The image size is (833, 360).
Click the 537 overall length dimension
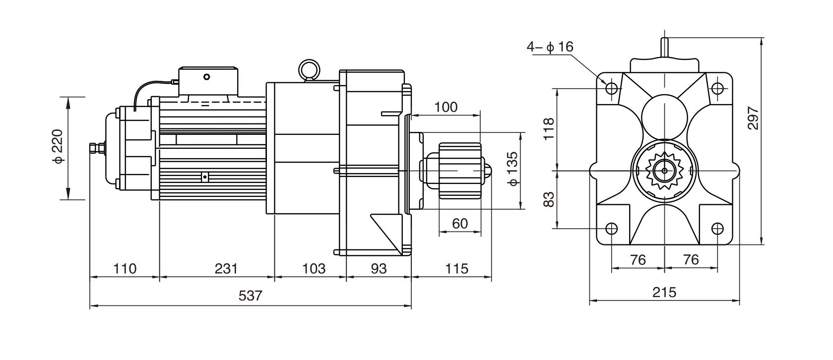(x=251, y=296)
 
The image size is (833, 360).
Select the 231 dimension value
(x=226, y=269)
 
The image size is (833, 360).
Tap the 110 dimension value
(x=125, y=269)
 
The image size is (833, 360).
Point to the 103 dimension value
(x=314, y=269)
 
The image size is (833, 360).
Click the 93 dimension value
(x=379, y=269)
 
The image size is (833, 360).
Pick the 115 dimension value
(x=457, y=269)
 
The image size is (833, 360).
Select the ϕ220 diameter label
(x=58, y=147)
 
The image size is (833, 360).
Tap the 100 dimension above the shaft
(x=446, y=107)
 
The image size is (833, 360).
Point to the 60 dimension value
(x=460, y=224)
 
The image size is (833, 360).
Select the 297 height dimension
(x=754, y=118)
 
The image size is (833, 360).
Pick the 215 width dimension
(x=664, y=292)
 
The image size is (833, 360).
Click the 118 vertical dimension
(x=548, y=129)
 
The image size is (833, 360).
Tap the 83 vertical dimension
(x=548, y=199)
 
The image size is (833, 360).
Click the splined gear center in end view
(x=664, y=171)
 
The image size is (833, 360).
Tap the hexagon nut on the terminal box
(x=207, y=77)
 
